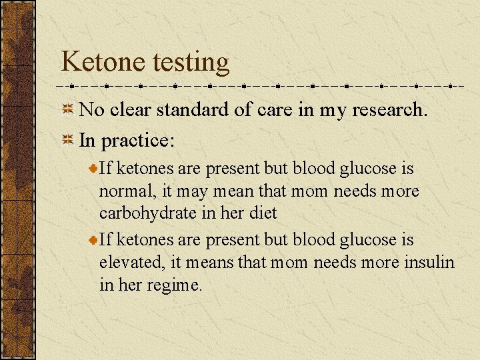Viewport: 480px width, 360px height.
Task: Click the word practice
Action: pos(138,141)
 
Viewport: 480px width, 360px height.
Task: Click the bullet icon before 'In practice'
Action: pos(68,141)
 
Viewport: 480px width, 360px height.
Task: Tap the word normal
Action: pos(127,192)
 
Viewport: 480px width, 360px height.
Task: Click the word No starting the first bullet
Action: pos(90,110)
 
